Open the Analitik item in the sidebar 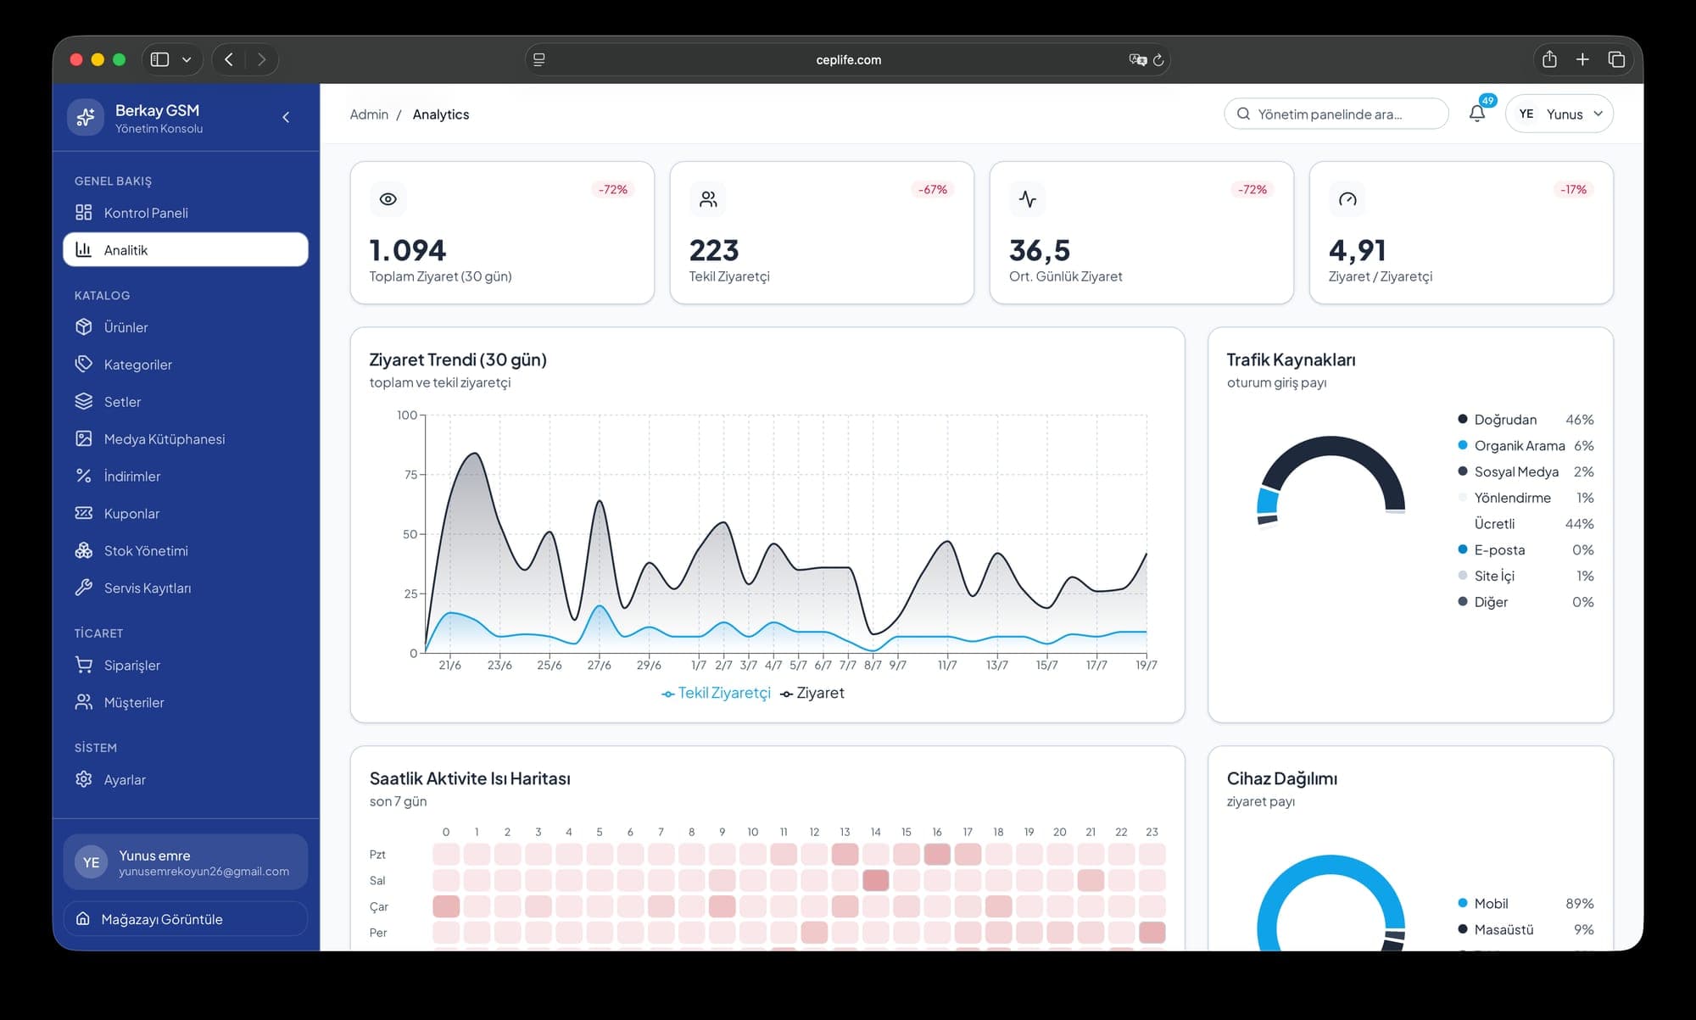[x=186, y=249]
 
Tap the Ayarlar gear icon [x=83, y=779]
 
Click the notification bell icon [x=1476, y=114]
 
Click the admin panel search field [x=1336, y=114]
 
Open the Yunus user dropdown [x=1559, y=114]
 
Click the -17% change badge [x=1573, y=189]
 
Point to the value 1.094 [x=407, y=250]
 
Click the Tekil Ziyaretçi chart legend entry [x=716, y=693]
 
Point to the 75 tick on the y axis [x=410, y=475]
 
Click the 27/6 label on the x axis [x=600, y=665]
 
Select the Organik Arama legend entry [x=1511, y=445]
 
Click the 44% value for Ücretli [x=1579, y=523]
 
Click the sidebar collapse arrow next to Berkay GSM [x=286, y=117]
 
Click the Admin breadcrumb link [x=369, y=114]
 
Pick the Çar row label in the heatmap [x=378, y=906]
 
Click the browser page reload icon [x=1158, y=59]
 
